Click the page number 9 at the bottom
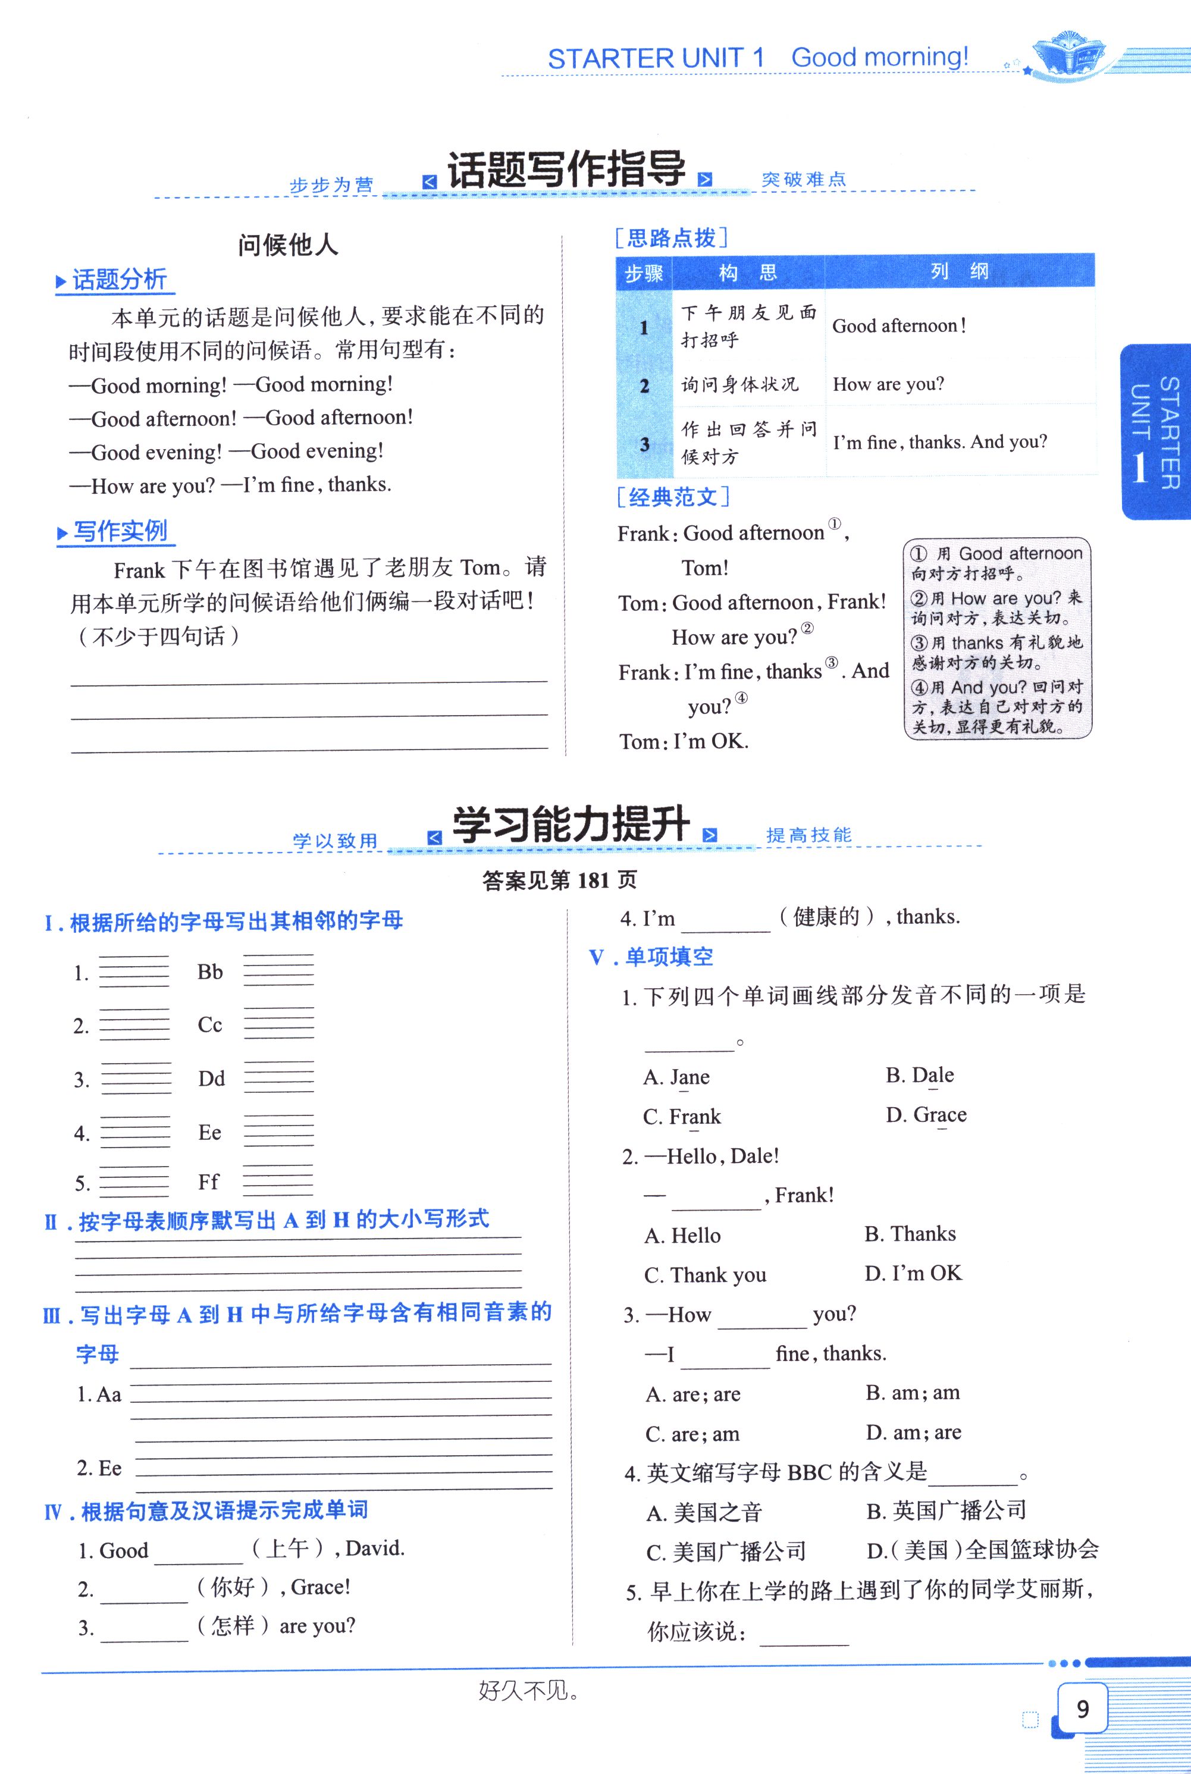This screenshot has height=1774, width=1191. click(1082, 1709)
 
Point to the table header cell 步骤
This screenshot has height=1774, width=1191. click(644, 272)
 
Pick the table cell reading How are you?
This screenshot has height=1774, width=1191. click(888, 384)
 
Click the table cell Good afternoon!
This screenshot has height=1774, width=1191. click(898, 327)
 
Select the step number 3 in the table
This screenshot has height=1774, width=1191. click(644, 444)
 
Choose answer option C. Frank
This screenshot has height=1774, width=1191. click(681, 1117)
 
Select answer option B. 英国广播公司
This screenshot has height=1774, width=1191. click(946, 1510)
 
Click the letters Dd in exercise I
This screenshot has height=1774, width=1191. click(211, 1079)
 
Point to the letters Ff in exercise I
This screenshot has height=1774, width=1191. click(208, 1181)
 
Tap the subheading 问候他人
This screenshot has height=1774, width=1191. click(288, 245)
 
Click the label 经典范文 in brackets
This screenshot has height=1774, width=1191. click(673, 497)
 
